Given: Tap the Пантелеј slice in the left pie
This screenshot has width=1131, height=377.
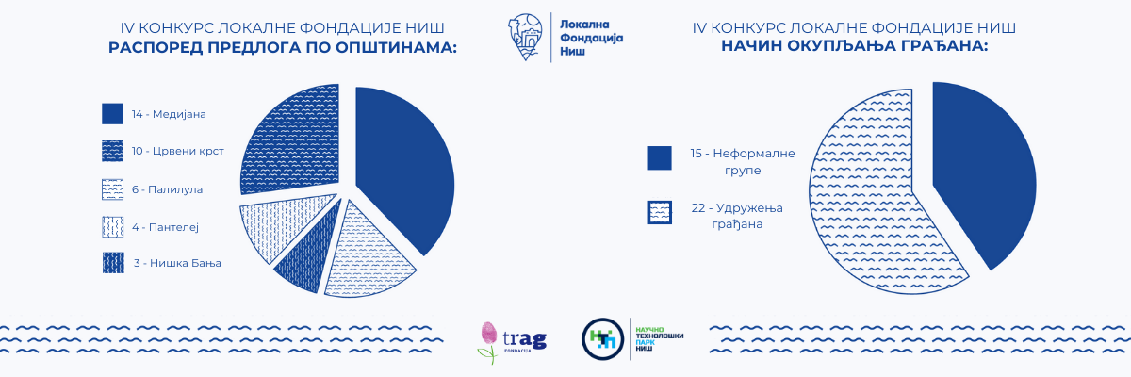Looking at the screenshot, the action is pyautogui.click(x=283, y=224).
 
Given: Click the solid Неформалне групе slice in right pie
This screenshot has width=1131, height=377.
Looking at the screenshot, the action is pyautogui.click(x=979, y=172).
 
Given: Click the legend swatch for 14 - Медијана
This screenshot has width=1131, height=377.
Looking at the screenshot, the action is pyautogui.click(x=112, y=113).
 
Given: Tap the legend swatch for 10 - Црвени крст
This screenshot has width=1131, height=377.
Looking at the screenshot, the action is pyautogui.click(x=112, y=151).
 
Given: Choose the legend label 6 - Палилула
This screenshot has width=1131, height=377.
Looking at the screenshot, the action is pyautogui.click(x=167, y=189).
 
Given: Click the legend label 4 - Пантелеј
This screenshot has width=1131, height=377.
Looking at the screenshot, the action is pyautogui.click(x=165, y=227).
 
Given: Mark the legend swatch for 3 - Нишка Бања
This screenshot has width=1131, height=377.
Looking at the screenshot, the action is pyautogui.click(x=113, y=263).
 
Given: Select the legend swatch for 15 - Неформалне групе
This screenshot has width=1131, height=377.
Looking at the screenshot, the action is pyautogui.click(x=660, y=158).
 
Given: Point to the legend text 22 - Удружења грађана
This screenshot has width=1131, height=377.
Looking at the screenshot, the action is pyautogui.click(x=737, y=216).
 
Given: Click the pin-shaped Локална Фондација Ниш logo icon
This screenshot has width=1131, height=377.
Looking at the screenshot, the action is pyautogui.click(x=526, y=37).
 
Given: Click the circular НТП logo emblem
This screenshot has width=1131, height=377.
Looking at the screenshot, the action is pyautogui.click(x=602, y=339).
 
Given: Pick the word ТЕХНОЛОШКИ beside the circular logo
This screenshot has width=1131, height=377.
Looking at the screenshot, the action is pyautogui.click(x=660, y=336).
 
